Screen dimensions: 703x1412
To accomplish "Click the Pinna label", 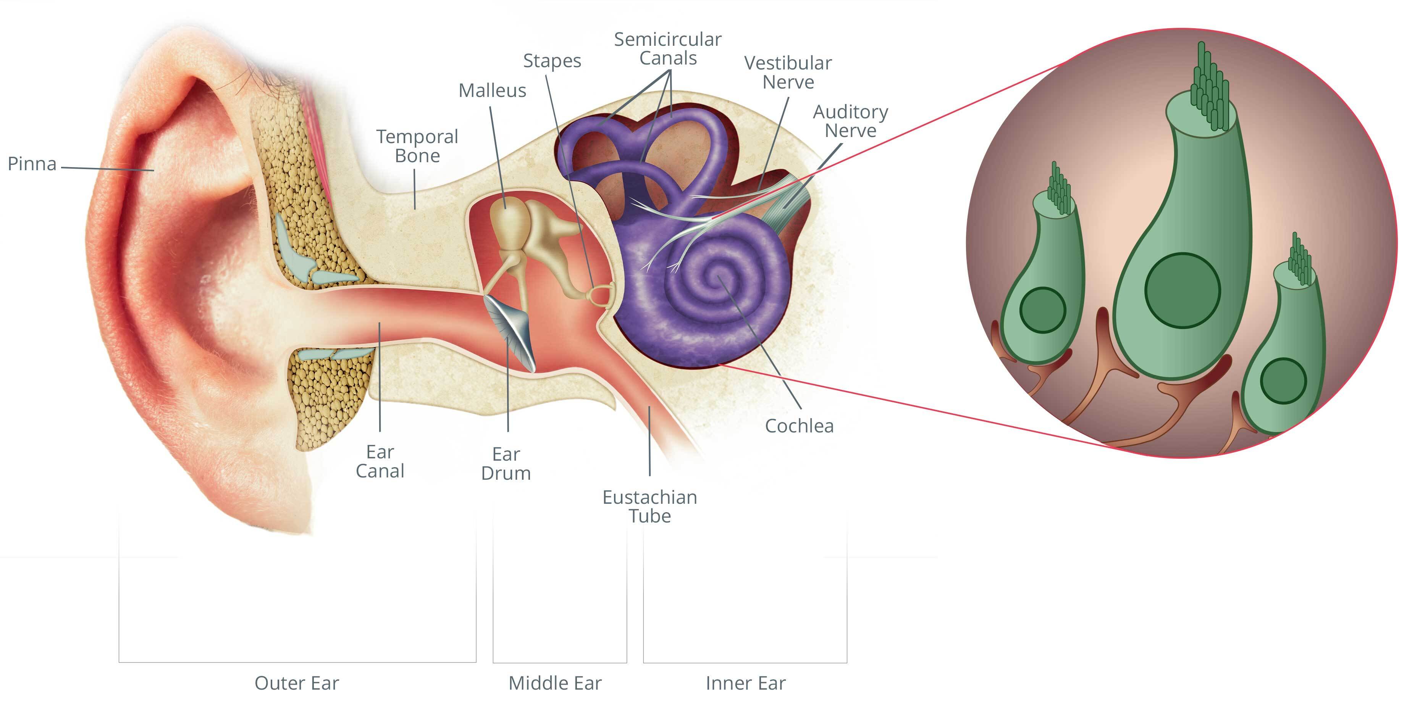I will pyautogui.click(x=32, y=164).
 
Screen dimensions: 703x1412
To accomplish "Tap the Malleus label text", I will pyautogui.click(x=492, y=90).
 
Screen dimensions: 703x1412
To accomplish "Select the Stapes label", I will pyautogui.click(x=552, y=61).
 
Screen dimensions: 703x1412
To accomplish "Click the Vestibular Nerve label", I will pyautogui.click(x=788, y=73).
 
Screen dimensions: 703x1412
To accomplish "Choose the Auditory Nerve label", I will pyautogui.click(x=850, y=121).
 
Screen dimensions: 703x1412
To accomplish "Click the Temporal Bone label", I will pyautogui.click(x=417, y=146).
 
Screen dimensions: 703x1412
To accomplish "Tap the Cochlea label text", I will pyautogui.click(x=799, y=426).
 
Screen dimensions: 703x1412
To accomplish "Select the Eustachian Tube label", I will pyautogui.click(x=649, y=506).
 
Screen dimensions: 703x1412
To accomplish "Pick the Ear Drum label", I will pyautogui.click(x=506, y=464).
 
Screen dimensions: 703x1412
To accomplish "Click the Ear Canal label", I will pyautogui.click(x=380, y=461).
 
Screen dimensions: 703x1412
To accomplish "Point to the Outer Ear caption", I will pyautogui.click(x=297, y=683).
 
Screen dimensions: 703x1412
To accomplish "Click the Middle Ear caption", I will pyautogui.click(x=555, y=683).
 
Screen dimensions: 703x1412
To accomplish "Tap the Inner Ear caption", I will pyautogui.click(x=745, y=683).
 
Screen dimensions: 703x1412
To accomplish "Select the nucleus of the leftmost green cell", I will pyautogui.click(x=1042, y=310).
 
